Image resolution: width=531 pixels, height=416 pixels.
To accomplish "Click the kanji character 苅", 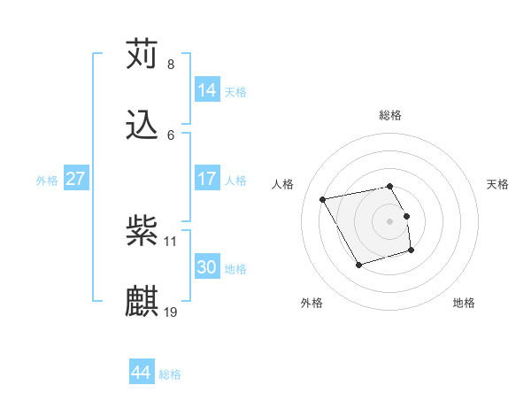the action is pos(142,54).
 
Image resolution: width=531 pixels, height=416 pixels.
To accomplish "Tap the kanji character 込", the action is pos(142,126).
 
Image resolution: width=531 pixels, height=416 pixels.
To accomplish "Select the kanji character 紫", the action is pos(142,232).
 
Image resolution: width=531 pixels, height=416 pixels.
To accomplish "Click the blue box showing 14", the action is pos(207,89).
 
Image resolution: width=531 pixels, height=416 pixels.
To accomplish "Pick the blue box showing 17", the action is pos(207,179).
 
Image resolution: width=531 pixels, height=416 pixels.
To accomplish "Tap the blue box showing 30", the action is pos(207,267).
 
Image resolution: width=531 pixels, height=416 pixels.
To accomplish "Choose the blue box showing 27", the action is pos(76,179).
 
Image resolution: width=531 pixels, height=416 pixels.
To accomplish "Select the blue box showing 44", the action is pos(141,373).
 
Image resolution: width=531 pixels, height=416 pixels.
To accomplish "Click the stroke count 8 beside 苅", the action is pos(171,65).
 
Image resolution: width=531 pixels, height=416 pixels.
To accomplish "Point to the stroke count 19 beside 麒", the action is pos(172,312).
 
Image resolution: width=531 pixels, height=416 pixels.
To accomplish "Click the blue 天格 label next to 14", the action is pos(235,92).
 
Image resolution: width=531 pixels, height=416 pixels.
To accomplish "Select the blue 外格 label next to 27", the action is pos(47,181).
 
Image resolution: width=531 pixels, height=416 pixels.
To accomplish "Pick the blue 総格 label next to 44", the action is pos(170,374).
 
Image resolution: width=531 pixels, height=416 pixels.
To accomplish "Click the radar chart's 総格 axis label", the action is pos(390,115).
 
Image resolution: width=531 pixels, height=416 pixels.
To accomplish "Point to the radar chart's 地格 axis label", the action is pos(464,303).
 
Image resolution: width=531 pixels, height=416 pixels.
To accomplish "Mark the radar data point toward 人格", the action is pos(323,199).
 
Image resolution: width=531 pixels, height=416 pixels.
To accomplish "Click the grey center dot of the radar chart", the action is pos(390,221).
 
